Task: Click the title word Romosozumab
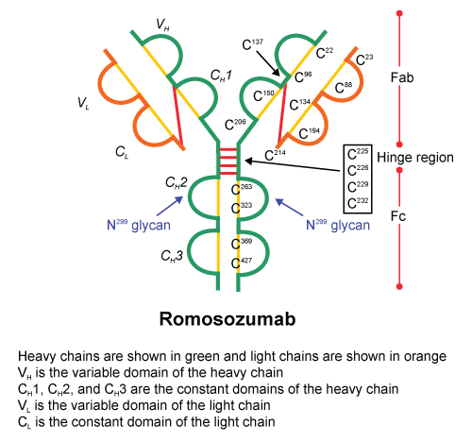228,319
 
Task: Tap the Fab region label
402,77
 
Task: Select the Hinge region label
415,158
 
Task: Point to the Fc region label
398,216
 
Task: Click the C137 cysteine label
253,44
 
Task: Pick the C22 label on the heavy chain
325,53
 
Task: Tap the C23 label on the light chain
364,59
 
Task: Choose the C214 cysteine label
275,155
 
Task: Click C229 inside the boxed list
358,187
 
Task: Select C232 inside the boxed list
358,203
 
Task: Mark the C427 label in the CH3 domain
242,263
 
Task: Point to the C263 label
242,190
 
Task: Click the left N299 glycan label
139,225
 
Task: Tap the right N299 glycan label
338,225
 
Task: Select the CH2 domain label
177,182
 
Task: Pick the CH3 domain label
172,256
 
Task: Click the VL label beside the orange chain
83,103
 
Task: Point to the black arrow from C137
268,63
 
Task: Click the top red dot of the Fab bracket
399,13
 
